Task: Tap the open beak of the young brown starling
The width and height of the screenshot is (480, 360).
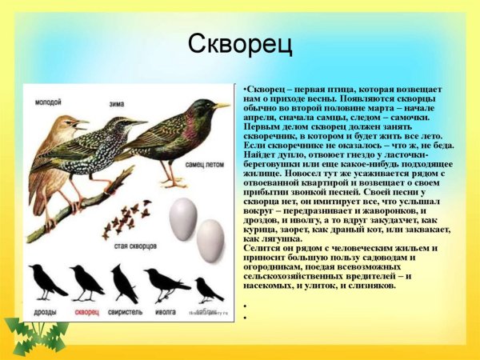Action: (82, 123)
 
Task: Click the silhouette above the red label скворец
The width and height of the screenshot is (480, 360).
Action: (86, 282)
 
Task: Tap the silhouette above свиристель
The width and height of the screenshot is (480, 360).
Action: (124, 282)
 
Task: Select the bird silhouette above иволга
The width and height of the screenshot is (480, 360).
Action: (166, 282)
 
